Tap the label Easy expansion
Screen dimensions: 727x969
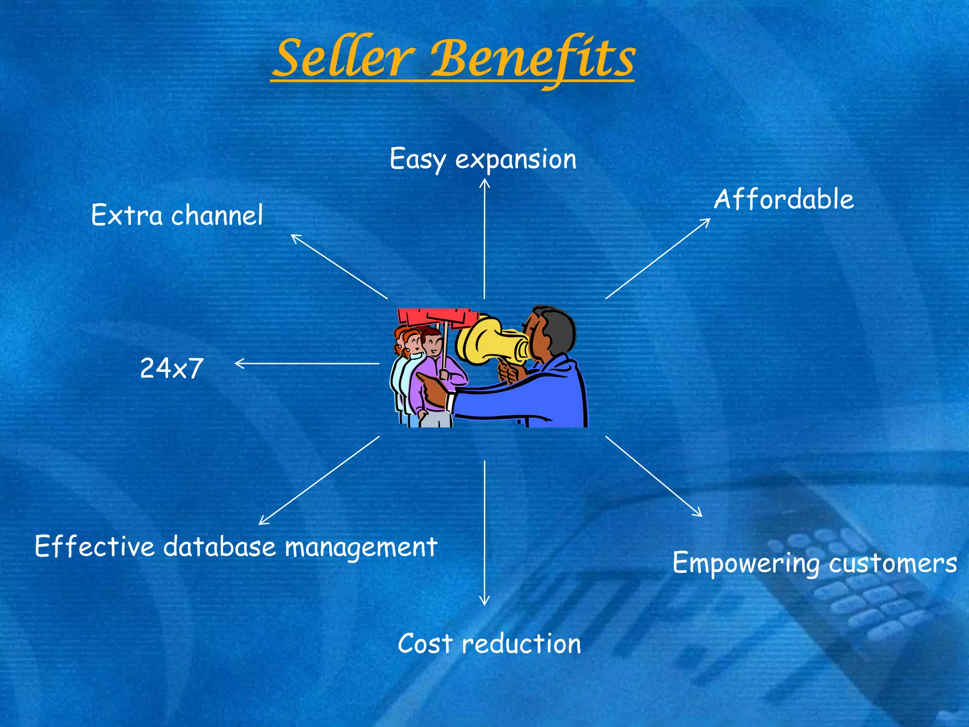(x=483, y=159)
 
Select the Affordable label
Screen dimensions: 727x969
(x=784, y=199)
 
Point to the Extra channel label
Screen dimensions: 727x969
(x=176, y=215)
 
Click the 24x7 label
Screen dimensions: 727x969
(x=172, y=368)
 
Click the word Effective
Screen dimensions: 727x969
(x=95, y=547)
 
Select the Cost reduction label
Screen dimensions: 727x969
(x=489, y=644)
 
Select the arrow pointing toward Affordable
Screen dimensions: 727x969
(x=658, y=258)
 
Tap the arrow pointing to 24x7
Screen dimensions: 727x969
(x=308, y=363)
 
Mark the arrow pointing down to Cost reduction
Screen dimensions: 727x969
(x=484, y=532)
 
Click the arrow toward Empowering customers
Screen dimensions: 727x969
(x=653, y=476)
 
